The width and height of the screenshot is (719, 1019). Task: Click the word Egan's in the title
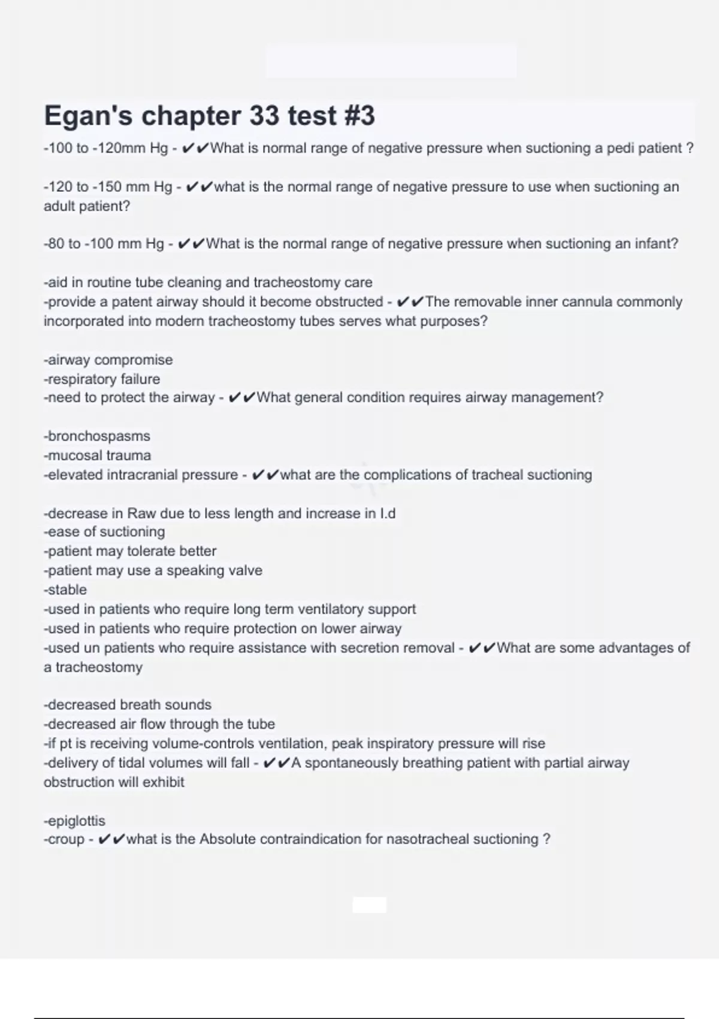point(88,116)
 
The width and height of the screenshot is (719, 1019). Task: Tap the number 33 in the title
point(264,116)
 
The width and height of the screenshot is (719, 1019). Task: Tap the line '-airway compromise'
point(108,360)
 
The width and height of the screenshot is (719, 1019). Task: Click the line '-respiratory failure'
point(102,379)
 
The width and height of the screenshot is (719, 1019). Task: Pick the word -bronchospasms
point(97,436)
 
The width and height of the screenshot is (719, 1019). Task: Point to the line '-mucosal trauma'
point(97,456)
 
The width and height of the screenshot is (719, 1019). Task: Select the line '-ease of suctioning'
point(104,532)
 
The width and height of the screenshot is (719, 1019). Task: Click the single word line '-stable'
point(65,590)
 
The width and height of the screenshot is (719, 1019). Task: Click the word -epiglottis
point(74,821)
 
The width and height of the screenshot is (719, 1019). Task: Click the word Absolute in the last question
point(228,839)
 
